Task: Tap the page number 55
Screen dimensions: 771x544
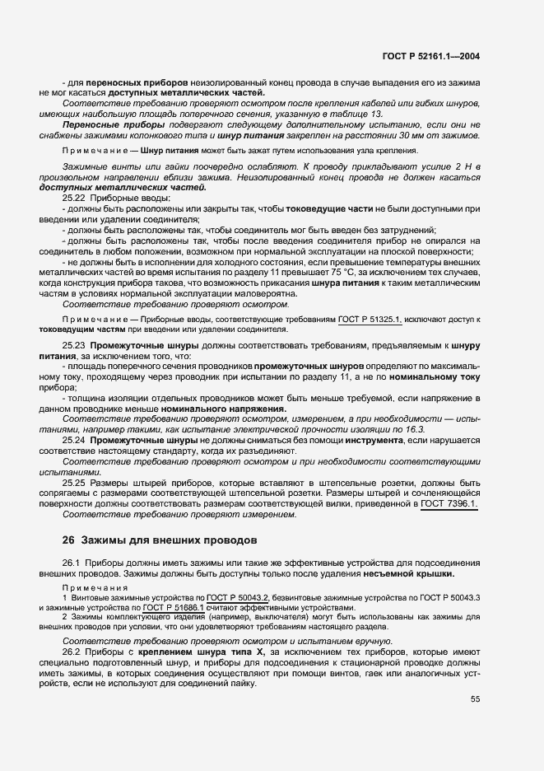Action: pyautogui.click(x=475, y=699)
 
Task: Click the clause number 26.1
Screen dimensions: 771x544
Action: pyautogui.click(x=72, y=562)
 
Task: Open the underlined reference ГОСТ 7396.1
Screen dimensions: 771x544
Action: pyautogui.click(x=449, y=503)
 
